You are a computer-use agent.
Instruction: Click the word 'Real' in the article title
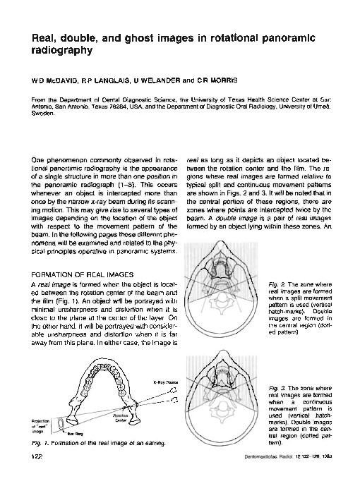(x=35, y=37)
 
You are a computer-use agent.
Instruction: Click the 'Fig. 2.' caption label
(x=280, y=284)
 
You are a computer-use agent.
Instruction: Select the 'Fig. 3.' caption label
(x=280, y=388)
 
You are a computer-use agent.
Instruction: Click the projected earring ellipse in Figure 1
(x=50, y=423)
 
